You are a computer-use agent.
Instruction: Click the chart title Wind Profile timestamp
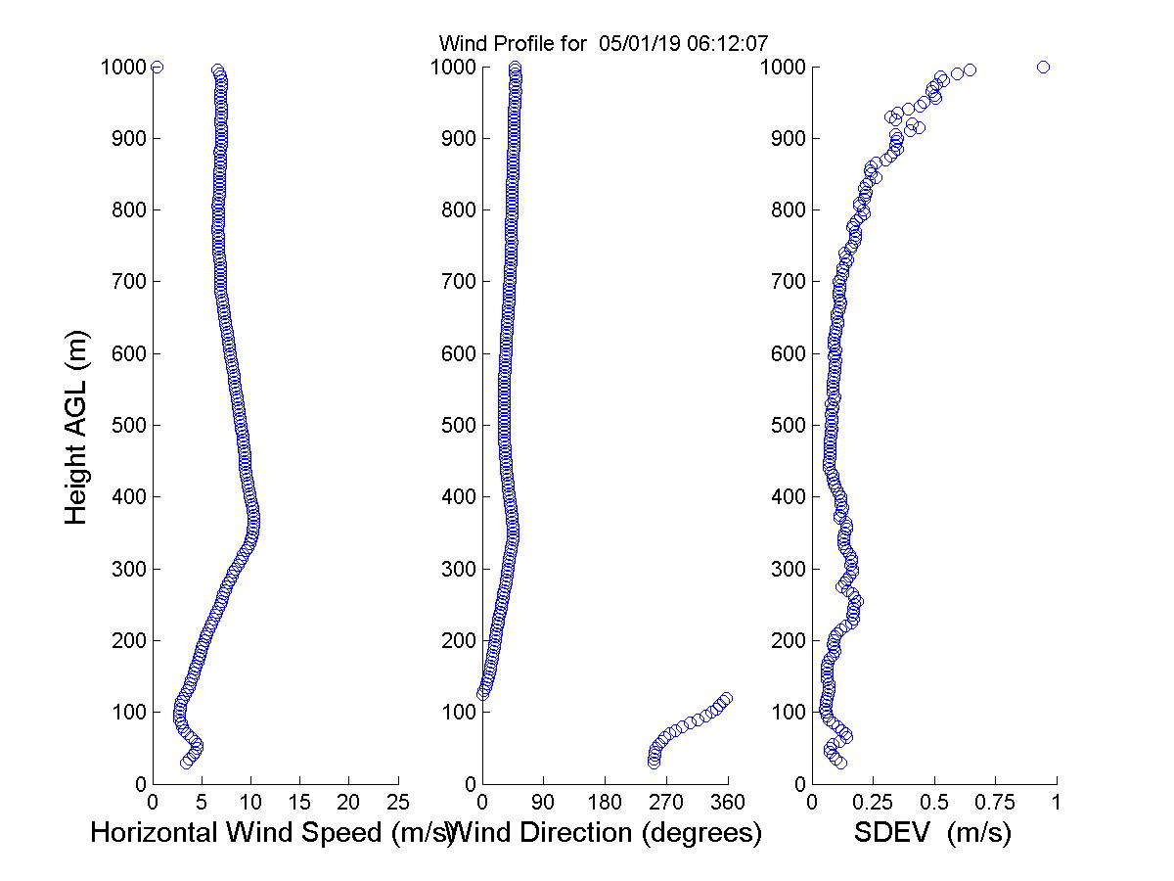point(603,43)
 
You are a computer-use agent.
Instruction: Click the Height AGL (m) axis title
point(76,427)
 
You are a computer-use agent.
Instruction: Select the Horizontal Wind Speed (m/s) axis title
point(272,833)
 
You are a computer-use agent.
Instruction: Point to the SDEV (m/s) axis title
point(932,833)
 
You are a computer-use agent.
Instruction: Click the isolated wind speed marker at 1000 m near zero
point(157,67)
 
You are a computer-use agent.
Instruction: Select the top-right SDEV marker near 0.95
point(1043,67)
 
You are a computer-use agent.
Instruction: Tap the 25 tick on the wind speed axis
point(398,803)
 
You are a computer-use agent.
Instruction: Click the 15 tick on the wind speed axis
point(299,803)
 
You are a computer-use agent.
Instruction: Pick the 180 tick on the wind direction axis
point(605,803)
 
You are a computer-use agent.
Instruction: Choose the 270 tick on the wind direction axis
point(666,803)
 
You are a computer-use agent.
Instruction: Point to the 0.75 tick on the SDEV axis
point(996,803)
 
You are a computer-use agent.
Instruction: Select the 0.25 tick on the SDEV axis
point(873,803)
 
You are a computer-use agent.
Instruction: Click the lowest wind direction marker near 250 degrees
point(654,763)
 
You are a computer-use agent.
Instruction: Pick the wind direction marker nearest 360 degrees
point(726,698)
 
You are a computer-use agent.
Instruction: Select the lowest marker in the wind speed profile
point(186,763)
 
